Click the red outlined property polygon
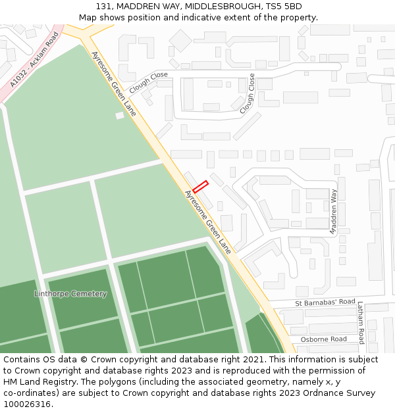(200, 187)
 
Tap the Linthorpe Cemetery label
(70, 294)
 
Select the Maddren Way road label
(334, 212)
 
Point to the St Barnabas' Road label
(325, 302)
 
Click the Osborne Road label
(323, 339)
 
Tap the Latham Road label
(360, 322)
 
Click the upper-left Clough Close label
(149, 82)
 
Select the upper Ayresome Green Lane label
(114, 84)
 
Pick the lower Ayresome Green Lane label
(208, 222)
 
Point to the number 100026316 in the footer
(26, 404)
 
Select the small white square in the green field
(119, 116)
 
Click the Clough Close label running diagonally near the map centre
(247, 93)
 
